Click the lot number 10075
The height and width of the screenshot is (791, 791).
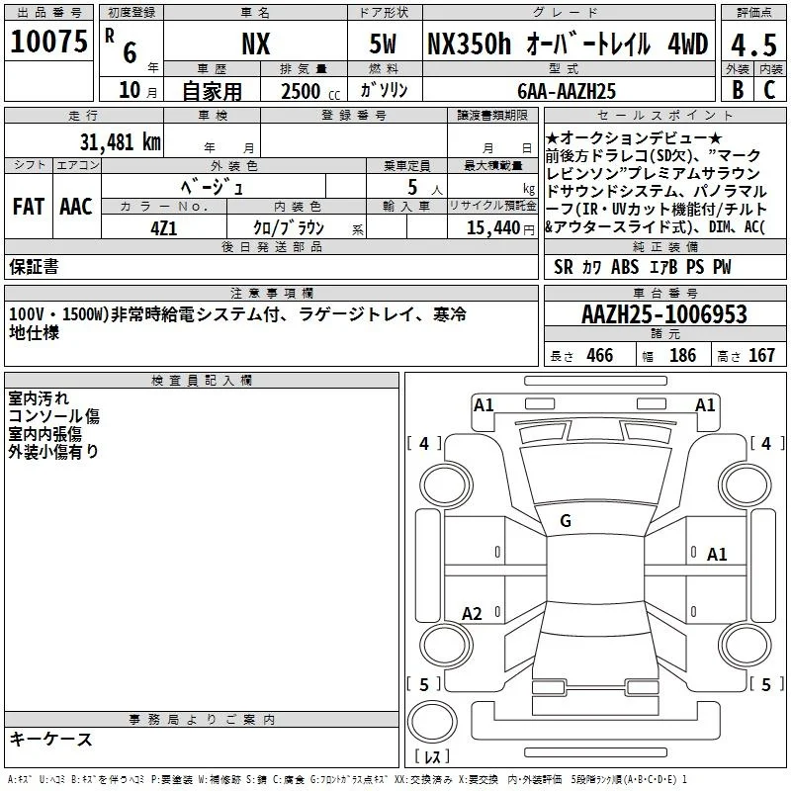click(x=48, y=42)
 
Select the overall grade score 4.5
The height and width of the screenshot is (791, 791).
click(x=753, y=44)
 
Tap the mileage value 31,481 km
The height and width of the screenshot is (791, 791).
click(x=120, y=142)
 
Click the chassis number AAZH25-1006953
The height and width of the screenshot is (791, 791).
click(x=664, y=314)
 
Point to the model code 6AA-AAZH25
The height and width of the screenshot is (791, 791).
click(x=567, y=91)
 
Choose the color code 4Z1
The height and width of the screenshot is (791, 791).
click(x=164, y=228)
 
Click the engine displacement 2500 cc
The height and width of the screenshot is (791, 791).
click(x=310, y=91)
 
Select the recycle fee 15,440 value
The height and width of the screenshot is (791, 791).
click(x=493, y=228)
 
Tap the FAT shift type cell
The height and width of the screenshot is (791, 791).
click(x=29, y=207)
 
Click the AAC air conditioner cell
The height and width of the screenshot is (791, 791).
click(x=76, y=207)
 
